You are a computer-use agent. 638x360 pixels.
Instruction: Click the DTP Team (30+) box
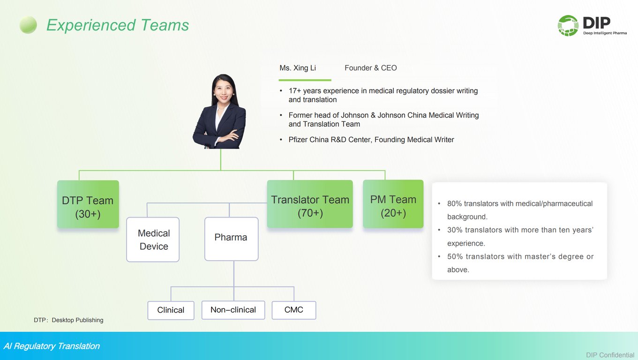coord(88,204)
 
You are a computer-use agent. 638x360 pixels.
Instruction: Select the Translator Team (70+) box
coord(310,203)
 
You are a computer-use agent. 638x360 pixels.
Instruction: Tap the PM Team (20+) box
coord(393,203)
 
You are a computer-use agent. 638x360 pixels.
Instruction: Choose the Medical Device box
coord(153,240)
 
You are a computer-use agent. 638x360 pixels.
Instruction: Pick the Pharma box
coord(231,239)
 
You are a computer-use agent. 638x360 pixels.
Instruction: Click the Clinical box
coord(171,310)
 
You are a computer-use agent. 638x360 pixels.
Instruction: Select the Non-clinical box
coord(233,310)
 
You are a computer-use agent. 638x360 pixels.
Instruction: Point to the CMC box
coord(294,310)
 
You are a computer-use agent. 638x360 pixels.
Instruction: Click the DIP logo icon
coord(568,26)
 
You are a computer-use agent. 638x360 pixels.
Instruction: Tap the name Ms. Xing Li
coord(298,68)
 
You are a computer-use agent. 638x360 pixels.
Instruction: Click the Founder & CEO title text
coord(370,68)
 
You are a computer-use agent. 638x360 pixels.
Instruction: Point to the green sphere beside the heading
coord(28,25)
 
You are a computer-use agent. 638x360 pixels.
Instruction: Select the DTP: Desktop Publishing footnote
coord(68,320)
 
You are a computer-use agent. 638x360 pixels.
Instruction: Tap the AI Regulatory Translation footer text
coord(52,346)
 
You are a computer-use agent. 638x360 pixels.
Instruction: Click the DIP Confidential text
coord(610,355)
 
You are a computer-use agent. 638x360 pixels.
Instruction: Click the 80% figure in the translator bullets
coord(454,203)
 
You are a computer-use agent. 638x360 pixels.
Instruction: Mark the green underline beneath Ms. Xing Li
coord(305,80)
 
